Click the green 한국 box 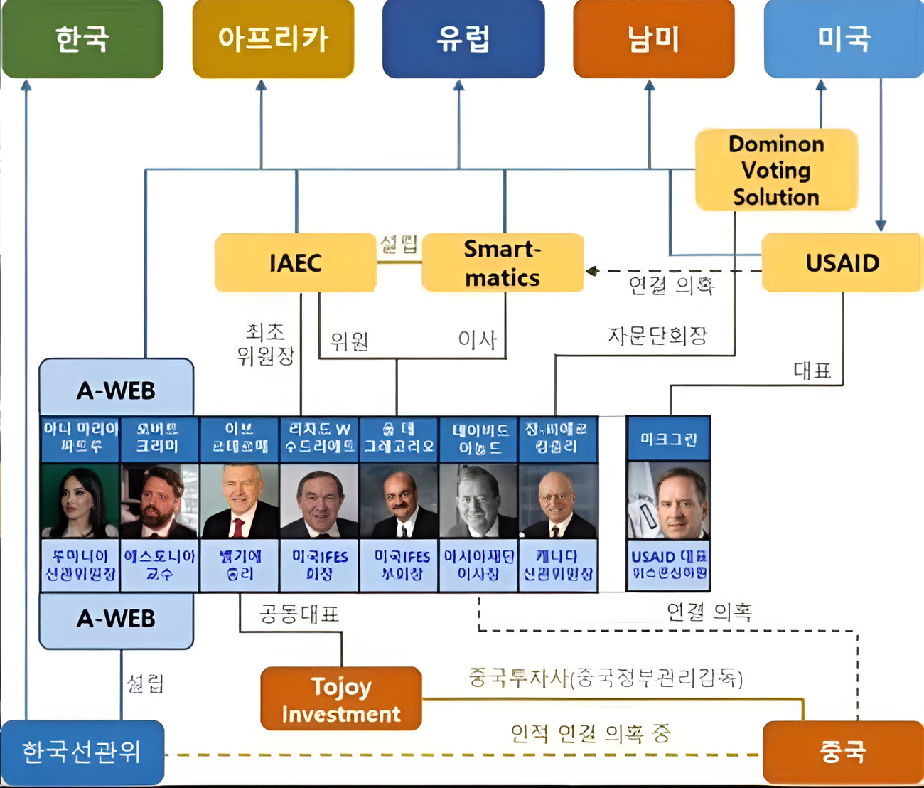click(x=82, y=38)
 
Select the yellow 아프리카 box click(x=273, y=38)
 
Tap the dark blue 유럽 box click(x=463, y=38)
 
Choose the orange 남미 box click(x=654, y=38)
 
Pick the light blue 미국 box click(x=844, y=38)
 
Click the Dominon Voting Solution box click(x=776, y=170)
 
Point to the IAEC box click(x=295, y=262)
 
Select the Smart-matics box click(x=503, y=262)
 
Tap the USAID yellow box click(x=842, y=262)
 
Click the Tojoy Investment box click(x=341, y=699)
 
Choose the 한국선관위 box click(x=82, y=752)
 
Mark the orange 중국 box click(x=842, y=752)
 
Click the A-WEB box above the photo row click(x=116, y=389)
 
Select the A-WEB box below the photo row click(x=116, y=619)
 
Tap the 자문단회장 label click(x=657, y=335)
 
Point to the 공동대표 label click(x=299, y=614)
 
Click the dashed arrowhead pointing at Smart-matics click(x=591, y=271)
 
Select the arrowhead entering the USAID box click(x=881, y=226)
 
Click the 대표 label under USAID click(x=812, y=371)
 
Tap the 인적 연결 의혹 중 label click(x=590, y=733)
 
